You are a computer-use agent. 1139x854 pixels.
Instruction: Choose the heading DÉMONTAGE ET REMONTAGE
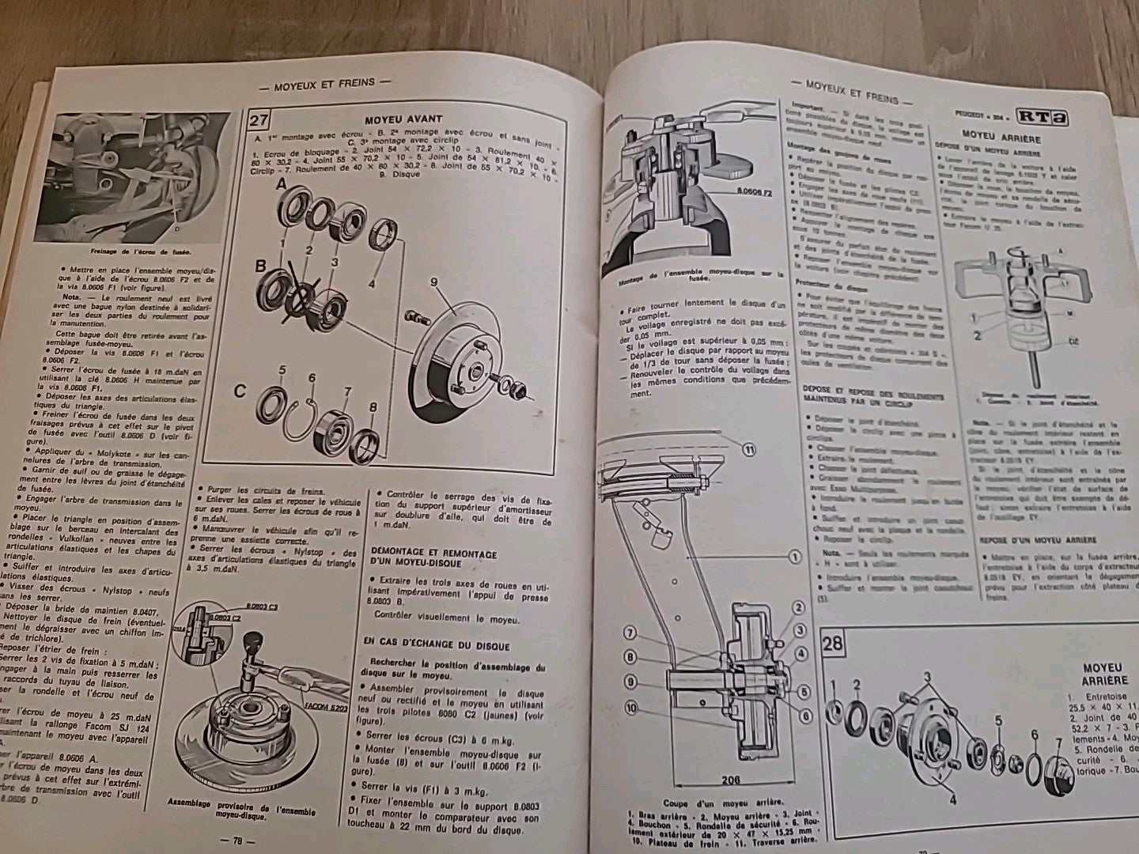pos(433,554)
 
